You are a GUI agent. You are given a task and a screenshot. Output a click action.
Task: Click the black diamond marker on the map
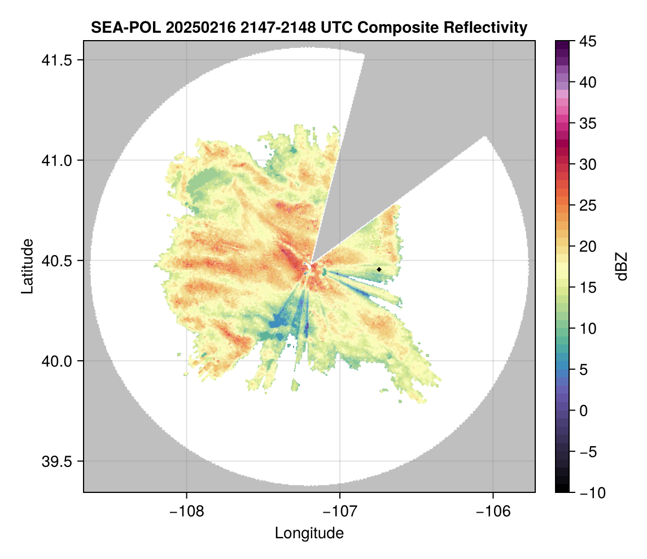point(379,269)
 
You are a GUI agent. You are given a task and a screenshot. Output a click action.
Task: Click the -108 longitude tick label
point(186,511)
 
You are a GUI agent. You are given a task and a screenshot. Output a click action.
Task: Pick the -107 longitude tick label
point(340,511)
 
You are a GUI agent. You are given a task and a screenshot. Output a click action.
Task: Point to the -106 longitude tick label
point(493,511)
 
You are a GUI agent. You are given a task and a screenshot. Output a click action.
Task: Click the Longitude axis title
point(309,533)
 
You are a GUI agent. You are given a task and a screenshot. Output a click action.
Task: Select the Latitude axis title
point(27,266)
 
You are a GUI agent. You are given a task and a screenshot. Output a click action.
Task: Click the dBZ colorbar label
point(622,267)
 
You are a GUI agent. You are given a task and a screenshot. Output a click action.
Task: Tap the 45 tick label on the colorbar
point(588,41)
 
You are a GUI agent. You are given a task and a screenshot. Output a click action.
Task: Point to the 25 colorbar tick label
point(588,206)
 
